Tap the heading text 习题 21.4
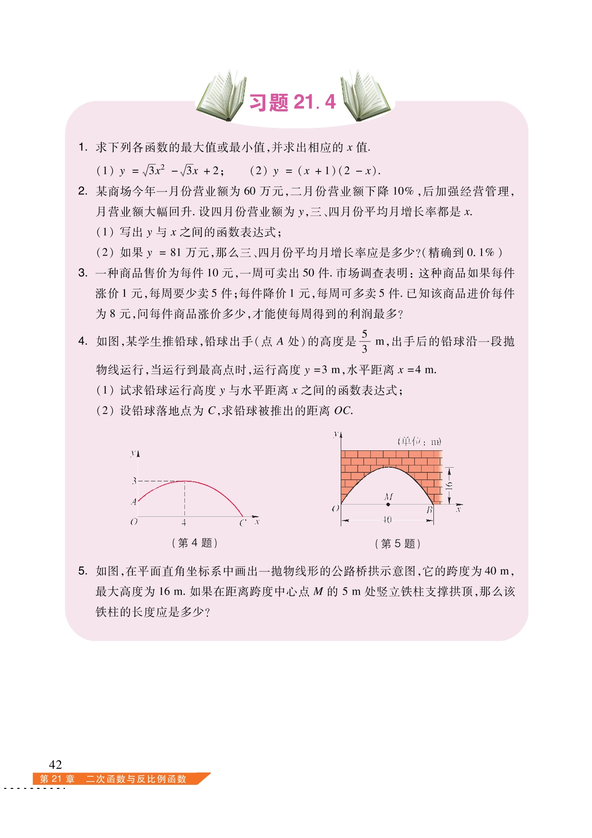(x=293, y=102)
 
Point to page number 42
(x=55, y=764)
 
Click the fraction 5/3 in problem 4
(x=364, y=342)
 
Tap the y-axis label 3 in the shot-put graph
(x=134, y=480)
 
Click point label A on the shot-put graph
(x=134, y=502)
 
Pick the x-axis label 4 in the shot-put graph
(x=184, y=523)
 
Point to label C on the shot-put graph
(x=243, y=523)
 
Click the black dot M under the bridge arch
(x=388, y=504)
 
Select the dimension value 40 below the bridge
(x=387, y=520)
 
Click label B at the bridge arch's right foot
(x=429, y=510)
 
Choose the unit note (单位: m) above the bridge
(x=419, y=441)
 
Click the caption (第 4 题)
(x=195, y=543)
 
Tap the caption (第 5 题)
(x=398, y=544)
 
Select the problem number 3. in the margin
(x=83, y=273)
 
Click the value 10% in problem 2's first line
(x=403, y=191)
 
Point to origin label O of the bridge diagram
(x=335, y=509)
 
